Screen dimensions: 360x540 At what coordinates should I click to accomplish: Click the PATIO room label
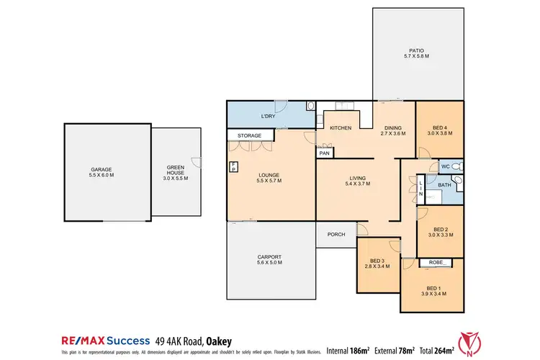click(x=416, y=53)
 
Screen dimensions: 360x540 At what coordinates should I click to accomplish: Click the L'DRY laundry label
click(x=268, y=116)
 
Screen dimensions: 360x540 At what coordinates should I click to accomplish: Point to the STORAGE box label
click(x=250, y=135)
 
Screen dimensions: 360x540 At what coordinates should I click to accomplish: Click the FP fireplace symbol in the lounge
click(x=233, y=167)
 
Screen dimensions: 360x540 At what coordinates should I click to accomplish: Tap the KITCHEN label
click(x=340, y=128)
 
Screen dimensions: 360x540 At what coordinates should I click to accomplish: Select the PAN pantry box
click(x=324, y=153)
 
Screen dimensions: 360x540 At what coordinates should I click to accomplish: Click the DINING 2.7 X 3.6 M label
click(x=393, y=131)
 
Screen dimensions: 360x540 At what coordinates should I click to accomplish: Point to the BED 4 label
click(x=439, y=130)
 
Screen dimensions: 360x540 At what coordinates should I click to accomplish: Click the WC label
click(x=445, y=166)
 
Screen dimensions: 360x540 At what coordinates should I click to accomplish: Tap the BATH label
click(x=445, y=185)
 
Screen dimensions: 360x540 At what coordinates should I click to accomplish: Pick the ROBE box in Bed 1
click(x=435, y=262)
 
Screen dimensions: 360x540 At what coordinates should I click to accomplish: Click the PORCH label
click(x=336, y=234)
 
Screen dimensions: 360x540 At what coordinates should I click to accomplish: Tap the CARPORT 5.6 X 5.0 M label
click(x=269, y=260)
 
